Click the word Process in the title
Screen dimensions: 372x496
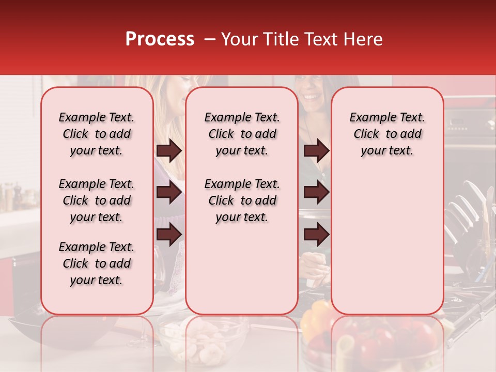[x=160, y=39]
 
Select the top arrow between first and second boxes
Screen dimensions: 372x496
[x=169, y=151]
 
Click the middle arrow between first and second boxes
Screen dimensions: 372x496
[x=169, y=193]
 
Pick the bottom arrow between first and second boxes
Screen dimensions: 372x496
[x=169, y=234]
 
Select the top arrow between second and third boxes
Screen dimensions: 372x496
[x=316, y=151]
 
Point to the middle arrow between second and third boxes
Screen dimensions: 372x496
[x=316, y=193]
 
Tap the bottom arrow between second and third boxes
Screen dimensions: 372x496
[x=316, y=235]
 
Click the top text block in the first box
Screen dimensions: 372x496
[x=97, y=134]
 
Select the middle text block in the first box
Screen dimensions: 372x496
[x=97, y=200]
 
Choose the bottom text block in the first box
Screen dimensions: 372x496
[x=97, y=263]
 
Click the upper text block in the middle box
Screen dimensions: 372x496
[x=242, y=134]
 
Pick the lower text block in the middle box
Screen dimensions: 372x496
[x=242, y=200]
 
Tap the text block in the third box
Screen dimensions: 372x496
[x=387, y=134]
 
